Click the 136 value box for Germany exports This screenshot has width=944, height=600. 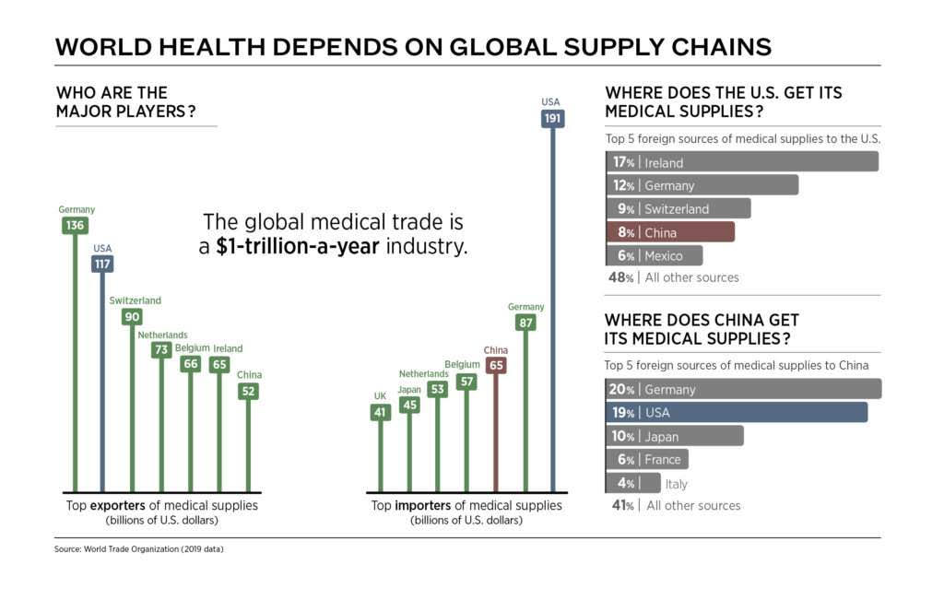(x=75, y=225)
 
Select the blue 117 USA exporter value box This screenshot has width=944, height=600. (x=103, y=264)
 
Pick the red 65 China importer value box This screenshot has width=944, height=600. (x=496, y=365)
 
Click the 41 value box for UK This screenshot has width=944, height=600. (x=380, y=412)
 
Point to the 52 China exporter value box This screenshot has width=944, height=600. (x=249, y=391)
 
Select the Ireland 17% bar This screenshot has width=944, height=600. (x=741, y=162)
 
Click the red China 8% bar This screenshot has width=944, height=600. (x=669, y=231)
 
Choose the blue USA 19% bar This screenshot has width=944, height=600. (x=736, y=412)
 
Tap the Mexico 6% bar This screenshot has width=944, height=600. (x=654, y=255)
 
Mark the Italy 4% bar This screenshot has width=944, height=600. (x=633, y=483)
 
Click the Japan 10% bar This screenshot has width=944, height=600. (x=674, y=435)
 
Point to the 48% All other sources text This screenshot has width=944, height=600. (x=673, y=277)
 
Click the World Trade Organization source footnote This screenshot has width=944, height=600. (x=139, y=549)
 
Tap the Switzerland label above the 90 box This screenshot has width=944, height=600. (x=135, y=300)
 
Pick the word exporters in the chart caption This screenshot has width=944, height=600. (x=127, y=505)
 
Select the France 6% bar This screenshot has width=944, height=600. (x=646, y=459)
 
